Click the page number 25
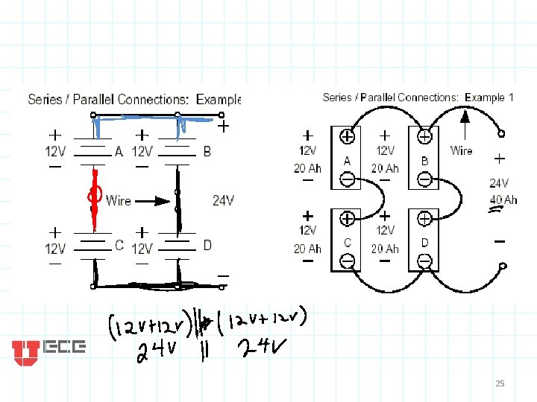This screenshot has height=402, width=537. (500, 383)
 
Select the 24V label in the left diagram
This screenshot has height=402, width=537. (223, 200)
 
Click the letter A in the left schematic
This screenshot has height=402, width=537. (119, 151)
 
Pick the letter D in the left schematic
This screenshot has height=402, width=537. (207, 245)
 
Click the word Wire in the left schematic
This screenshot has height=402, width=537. (119, 200)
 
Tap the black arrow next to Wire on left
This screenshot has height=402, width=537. (158, 200)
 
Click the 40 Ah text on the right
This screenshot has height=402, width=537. (503, 200)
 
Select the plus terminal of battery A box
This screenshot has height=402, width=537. (348, 137)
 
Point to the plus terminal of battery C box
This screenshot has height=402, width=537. (348, 219)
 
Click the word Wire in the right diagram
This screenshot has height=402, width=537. (461, 150)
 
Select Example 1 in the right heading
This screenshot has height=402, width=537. (489, 98)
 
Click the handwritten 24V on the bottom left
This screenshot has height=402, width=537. (156, 353)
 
